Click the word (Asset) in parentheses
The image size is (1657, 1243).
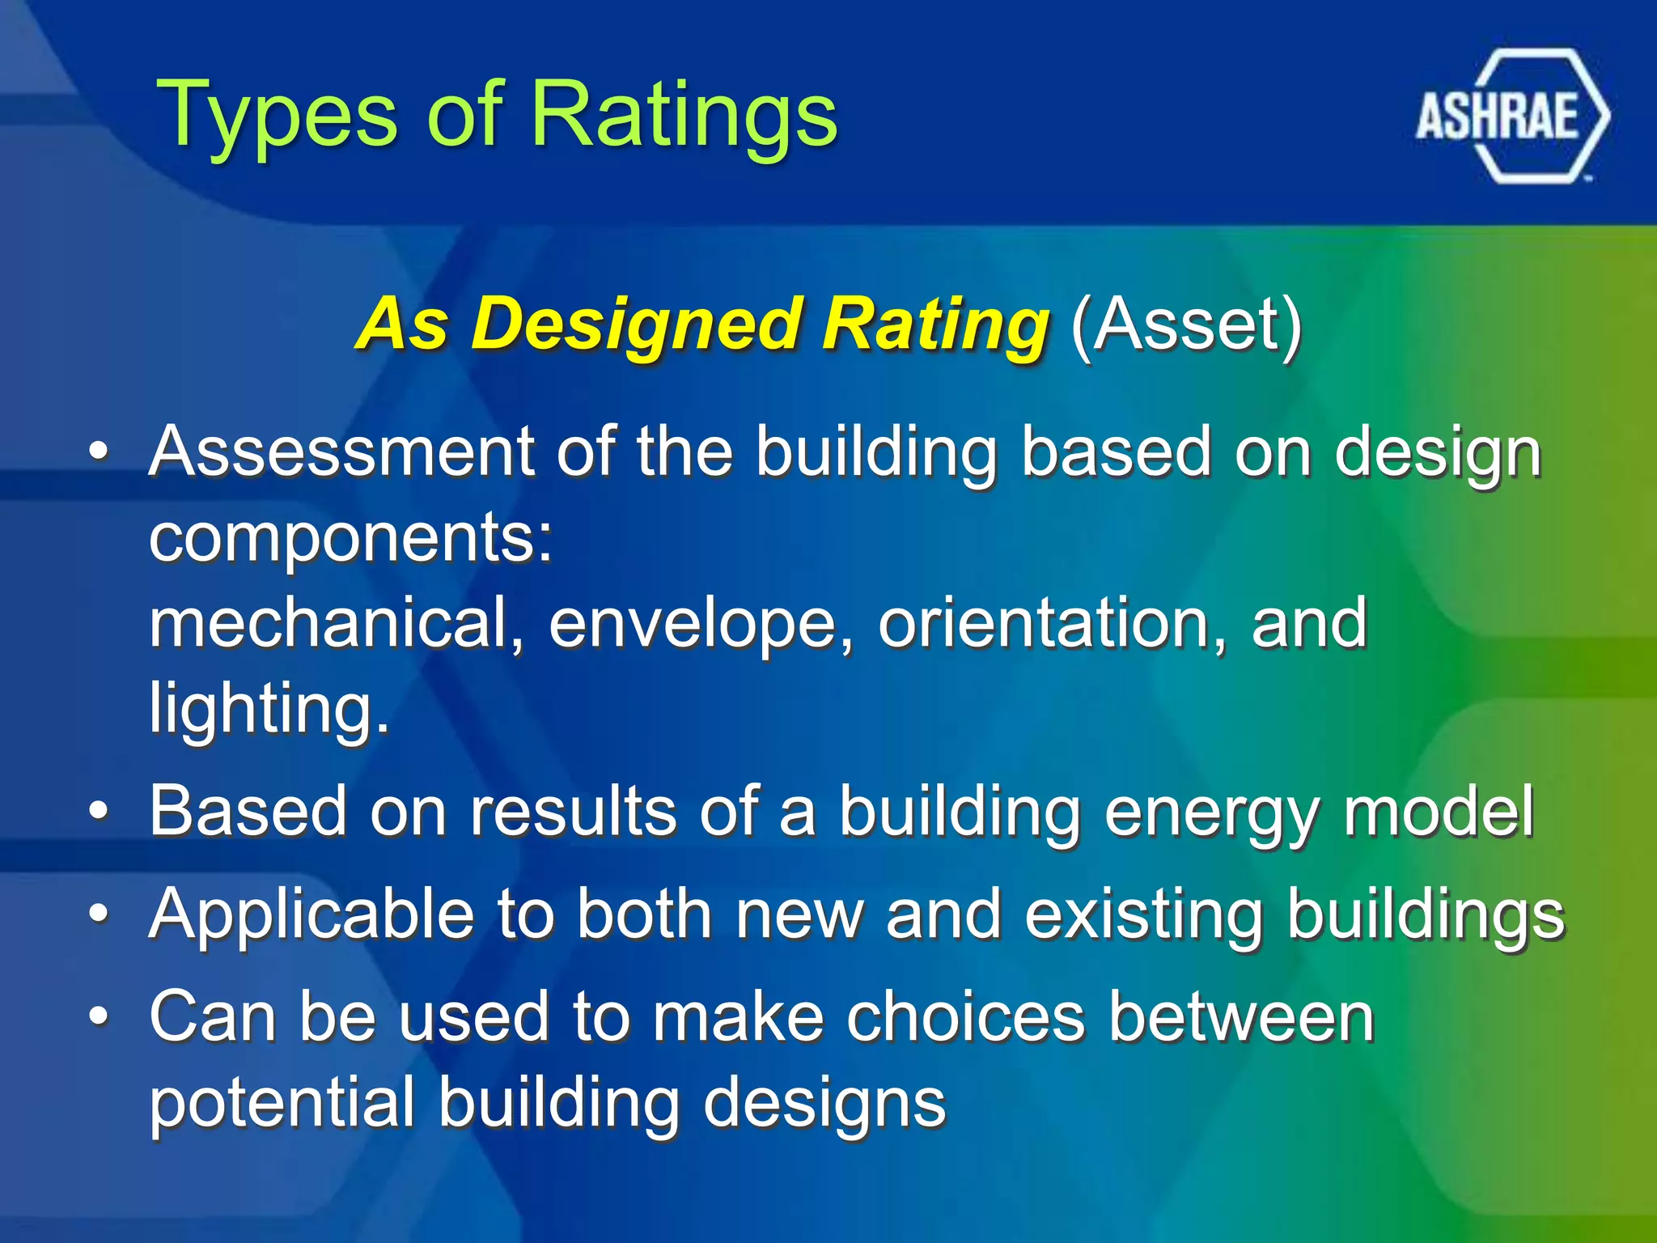[x=1186, y=324]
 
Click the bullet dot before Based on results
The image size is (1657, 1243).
[x=99, y=811]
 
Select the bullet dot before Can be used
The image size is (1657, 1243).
[x=99, y=1016]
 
